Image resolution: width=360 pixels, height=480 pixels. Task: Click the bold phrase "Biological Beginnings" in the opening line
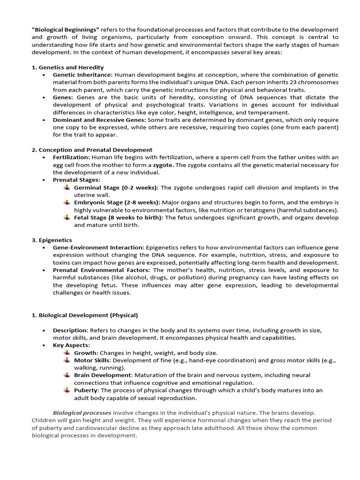[65, 30]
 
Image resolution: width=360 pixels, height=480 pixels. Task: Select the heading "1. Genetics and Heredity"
[67, 67]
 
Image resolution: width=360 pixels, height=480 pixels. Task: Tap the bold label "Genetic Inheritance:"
[82, 75]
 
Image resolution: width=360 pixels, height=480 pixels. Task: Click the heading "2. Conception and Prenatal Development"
[92, 150]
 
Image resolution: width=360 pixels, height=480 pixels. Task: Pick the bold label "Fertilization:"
[71, 157]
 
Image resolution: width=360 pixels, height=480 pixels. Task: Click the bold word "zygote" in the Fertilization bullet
[163, 165]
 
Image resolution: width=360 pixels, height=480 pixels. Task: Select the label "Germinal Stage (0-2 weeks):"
[116, 187]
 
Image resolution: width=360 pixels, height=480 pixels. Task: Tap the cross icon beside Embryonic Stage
[67, 202]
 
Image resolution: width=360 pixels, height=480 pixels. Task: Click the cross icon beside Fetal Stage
[67, 217]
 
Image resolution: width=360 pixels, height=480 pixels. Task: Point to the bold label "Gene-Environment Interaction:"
[98, 247]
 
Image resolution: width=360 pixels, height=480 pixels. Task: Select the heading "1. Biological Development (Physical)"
[85, 315]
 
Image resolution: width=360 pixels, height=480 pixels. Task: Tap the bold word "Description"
[70, 330]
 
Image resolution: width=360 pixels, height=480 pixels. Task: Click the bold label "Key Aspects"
[70, 345]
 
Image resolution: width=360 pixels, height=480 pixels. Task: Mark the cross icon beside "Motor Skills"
[67, 360]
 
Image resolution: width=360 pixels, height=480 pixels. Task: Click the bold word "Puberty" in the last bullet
[86, 390]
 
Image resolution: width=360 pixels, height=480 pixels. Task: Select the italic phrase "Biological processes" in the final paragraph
[82, 412]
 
